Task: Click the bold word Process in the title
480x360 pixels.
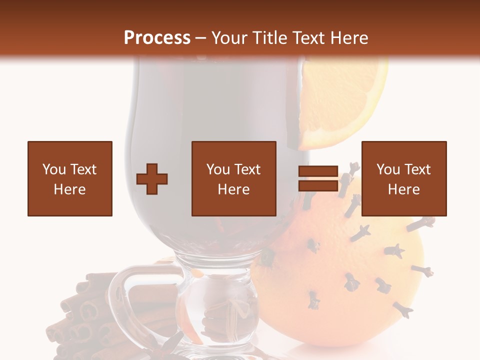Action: click(x=157, y=37)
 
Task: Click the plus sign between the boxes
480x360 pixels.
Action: click(x=152, y=179)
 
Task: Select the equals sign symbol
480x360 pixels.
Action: click(x=318, y=179)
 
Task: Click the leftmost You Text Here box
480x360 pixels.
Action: click(x=70, y=179)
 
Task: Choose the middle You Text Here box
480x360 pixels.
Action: click(x=234, y=179)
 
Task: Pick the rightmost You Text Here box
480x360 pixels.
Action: click(x=404, y=179)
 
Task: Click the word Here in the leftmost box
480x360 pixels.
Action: click(x=70, y=189)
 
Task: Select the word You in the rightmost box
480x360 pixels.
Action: click(x=388, y=169)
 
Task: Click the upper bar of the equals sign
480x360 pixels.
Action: click(x=318, y=171)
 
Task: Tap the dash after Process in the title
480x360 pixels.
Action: click(x=201, y=38)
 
